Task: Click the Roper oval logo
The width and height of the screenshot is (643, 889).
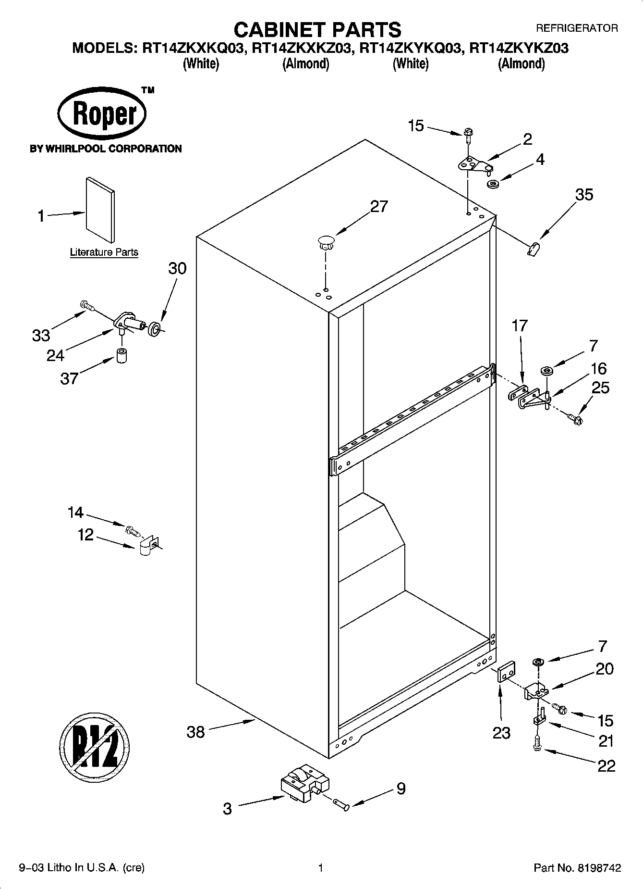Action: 102,114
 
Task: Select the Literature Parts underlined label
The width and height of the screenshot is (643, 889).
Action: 104,252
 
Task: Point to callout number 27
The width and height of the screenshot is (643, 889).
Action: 378,206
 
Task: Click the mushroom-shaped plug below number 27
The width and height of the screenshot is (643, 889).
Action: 326,241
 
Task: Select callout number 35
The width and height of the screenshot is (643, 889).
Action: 584,195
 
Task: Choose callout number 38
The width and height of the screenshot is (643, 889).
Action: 195,732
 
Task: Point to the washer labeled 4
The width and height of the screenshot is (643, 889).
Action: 492,184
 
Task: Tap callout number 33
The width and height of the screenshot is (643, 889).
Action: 41,335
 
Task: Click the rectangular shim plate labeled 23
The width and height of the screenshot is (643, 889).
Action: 506,672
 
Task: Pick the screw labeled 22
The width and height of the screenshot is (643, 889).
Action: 537,745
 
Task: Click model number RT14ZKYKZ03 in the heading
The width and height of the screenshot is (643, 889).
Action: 518,49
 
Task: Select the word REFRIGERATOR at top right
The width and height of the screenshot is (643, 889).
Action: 576,29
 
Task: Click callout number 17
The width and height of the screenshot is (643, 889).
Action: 519,326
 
